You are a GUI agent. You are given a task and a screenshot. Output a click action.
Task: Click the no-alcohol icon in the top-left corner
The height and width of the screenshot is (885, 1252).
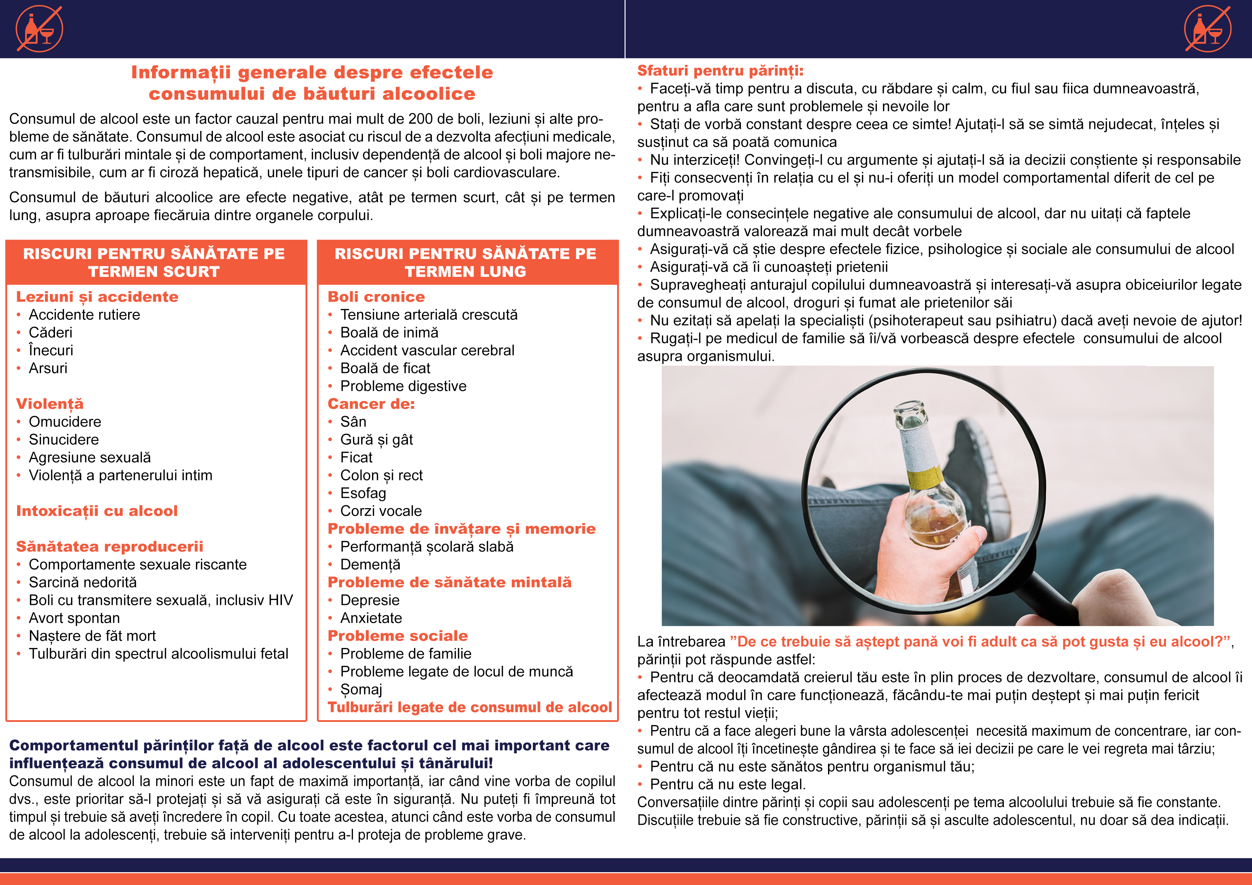[x=39, y=29]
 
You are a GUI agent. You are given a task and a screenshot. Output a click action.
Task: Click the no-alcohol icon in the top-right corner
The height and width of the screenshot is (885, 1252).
[x=1207, y=29]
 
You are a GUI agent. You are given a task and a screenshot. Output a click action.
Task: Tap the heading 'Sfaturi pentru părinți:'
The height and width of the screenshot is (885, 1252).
[x=720, y=71]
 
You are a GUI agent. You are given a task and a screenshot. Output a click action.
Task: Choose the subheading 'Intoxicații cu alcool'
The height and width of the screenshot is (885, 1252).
[x=97, y=511]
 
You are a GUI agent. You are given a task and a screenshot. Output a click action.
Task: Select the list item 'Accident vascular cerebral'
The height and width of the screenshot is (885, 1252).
[x=427, y=351]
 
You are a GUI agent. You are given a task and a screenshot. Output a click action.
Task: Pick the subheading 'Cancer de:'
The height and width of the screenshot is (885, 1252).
[x=371, y=404]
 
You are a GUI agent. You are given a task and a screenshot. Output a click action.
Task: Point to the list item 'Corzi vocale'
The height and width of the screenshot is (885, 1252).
[x=380, y=511]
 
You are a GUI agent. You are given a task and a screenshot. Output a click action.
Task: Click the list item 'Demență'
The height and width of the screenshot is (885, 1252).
[x=370, y=565]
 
